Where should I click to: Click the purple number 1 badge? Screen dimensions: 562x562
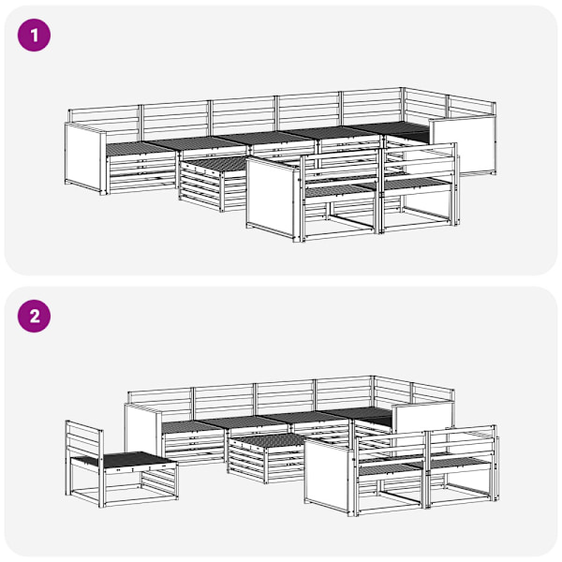click(34, 36)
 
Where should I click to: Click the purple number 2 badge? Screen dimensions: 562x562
click(34, 317)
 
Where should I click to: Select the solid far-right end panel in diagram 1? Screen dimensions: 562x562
click(465, 147)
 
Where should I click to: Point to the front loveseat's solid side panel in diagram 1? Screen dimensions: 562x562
click(273, 198)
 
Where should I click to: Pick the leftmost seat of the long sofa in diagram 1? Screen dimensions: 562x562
click(140, 148)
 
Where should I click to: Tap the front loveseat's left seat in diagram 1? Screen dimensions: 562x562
click(341, 191)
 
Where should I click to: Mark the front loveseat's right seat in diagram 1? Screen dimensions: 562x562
click(417, 184)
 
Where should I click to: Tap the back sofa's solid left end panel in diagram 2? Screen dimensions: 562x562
click(142, 430)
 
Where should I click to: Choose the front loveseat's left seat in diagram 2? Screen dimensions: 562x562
click(391, 469)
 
